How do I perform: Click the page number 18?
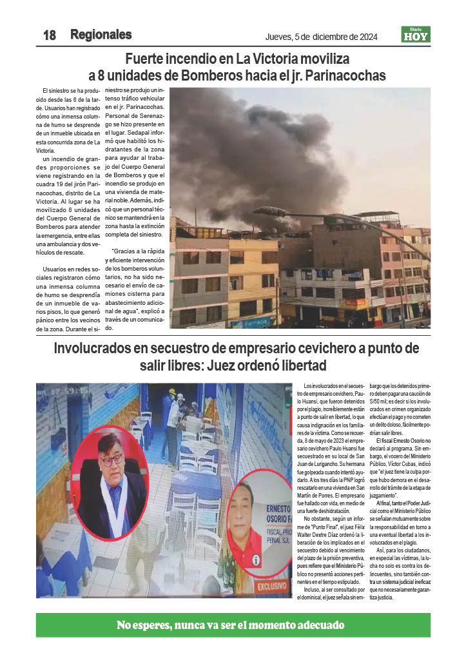(x=50, y=35)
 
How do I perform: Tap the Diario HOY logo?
(x=415, y=34)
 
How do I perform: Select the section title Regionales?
(x=101, y=35)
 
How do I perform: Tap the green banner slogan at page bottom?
(x=231, y=625)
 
